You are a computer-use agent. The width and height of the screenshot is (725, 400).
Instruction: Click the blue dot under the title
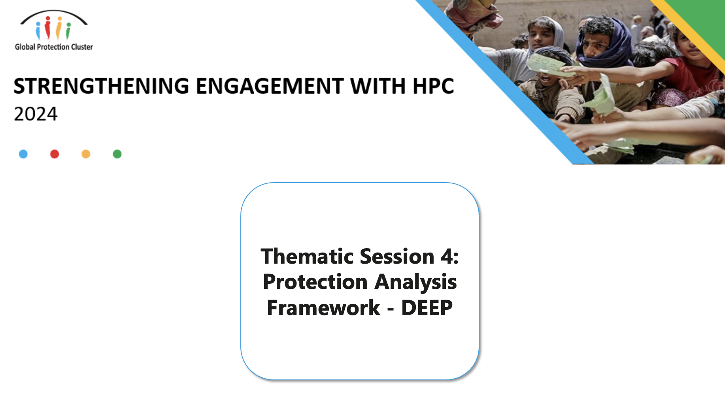coord(23,154)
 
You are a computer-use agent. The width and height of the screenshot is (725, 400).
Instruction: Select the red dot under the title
coord(55,154)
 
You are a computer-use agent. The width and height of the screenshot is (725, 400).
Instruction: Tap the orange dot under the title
coord(86,154)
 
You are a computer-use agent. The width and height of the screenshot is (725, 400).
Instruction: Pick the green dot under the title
coord(117,154)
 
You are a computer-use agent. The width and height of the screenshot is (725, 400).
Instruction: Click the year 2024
coord(36,114)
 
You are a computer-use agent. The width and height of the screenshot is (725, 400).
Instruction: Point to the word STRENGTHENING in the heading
coord(102,86)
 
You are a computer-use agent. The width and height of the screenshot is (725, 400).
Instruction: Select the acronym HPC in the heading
coord(433,86)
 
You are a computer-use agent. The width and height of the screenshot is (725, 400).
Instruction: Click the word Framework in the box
coord(323,308)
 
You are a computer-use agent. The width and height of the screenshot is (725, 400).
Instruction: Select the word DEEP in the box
coord(427,308)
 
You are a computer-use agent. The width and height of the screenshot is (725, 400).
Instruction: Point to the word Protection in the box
coord(315,282)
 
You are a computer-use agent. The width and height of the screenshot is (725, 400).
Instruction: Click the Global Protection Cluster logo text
coord(54,47)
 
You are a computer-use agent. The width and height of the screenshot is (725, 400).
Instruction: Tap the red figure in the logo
coord(48,28)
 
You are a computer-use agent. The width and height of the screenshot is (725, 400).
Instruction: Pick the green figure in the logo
coord(68,30)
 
